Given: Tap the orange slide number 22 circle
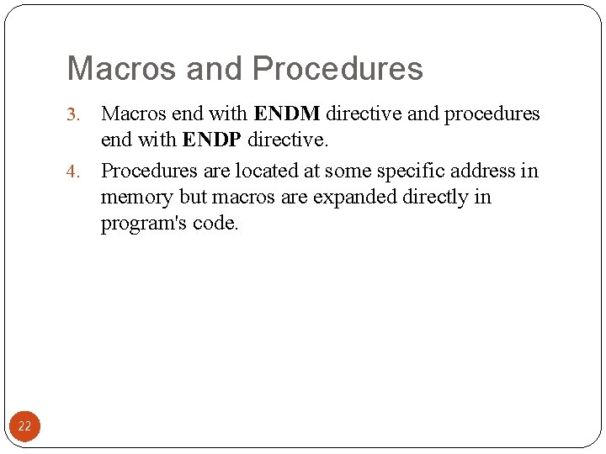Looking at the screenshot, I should (x=24, y=426).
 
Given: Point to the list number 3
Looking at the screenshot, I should (x=72, y=114).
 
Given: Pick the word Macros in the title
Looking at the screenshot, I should (x=123, y=69).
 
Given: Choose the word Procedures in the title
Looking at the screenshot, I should (x=338, y=69).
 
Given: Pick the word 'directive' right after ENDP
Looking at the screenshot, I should (x=284, y=139).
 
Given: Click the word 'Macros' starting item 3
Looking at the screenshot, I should (x=133, y=113).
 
